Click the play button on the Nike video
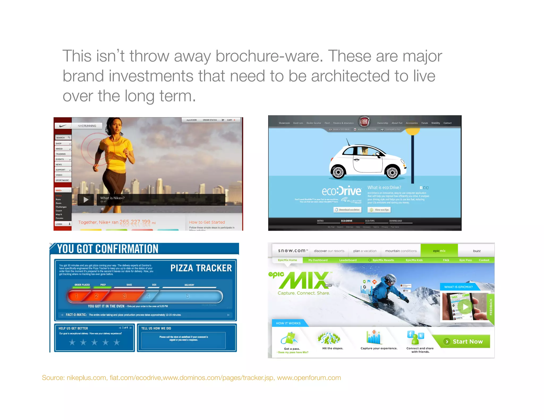coord(86,200)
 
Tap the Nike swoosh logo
coord(63,126)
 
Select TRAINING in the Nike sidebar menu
coord(61,154)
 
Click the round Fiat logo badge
coord(364,122)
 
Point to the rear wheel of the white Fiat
coord(338,172)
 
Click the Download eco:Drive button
coord(347,210)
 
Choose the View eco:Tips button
coord(379,210)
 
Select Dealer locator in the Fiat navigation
coord(314,123)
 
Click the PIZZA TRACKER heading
coord(201,268)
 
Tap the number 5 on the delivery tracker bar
coord(188,296)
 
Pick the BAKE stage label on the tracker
coord(129,285)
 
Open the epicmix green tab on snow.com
coord(439,251)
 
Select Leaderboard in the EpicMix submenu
coord(348,260)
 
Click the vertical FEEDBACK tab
coord(491,307)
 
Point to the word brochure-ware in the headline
coord(269,56)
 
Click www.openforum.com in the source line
coord(309,378)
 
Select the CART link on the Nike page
coord(229,120)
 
